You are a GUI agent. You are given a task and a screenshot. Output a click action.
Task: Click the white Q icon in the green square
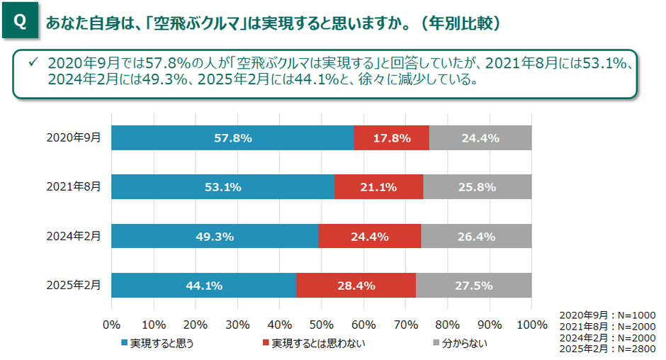[20, 22]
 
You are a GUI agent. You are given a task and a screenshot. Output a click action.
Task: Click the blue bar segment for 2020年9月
[232, 138]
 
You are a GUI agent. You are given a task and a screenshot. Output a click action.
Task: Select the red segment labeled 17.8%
[391, 138]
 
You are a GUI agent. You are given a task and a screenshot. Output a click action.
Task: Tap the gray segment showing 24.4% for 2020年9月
[480, 138]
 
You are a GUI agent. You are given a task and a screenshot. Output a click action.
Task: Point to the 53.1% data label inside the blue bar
[222, 187]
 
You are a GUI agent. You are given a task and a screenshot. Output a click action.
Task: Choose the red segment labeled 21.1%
[378, 187]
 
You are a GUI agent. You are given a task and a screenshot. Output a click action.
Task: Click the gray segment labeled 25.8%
[477, 187]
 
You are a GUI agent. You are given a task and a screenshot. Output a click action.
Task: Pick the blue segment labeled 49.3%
[215, 237]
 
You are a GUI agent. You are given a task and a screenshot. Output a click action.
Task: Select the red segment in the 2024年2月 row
[369, 237]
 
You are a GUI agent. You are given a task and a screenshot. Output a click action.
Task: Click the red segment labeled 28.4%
[356, 286]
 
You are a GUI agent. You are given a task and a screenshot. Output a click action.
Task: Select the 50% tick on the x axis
[321, 325]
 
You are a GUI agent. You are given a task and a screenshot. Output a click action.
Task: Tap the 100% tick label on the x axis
[531, 325]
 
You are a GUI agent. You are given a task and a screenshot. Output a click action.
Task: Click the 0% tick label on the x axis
[111, 325]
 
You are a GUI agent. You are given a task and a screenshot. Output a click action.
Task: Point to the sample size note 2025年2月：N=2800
[607, 349]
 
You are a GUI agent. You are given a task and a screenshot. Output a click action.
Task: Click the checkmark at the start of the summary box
[33, 63]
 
